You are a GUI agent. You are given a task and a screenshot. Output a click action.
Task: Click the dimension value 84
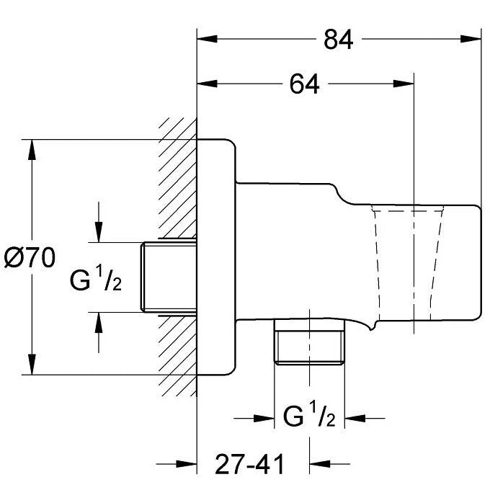338,40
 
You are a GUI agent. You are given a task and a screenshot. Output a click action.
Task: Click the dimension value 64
304,84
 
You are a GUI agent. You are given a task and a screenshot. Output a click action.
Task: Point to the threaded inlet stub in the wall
169,277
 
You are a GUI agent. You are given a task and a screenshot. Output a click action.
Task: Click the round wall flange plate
216,256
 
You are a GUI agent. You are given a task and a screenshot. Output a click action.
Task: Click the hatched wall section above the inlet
177,180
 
